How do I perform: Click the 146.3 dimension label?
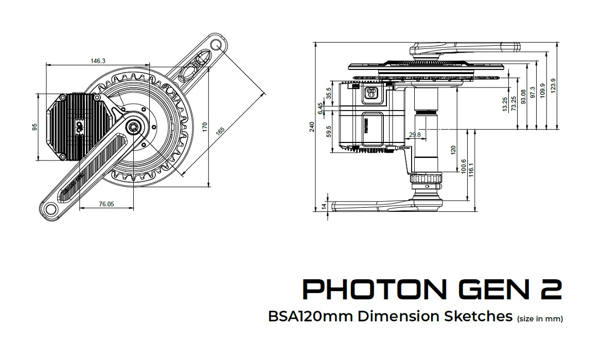[98, 61]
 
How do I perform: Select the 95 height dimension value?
[35, 127]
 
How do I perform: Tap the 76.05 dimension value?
[106, 204]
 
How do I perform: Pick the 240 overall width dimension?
[312, 127]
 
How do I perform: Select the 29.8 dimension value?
[414, 135]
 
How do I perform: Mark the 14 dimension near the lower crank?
[324, 206]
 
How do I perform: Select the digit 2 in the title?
[551, 290]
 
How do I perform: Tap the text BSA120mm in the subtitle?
[310, 316]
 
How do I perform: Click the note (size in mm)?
[540, 319]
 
